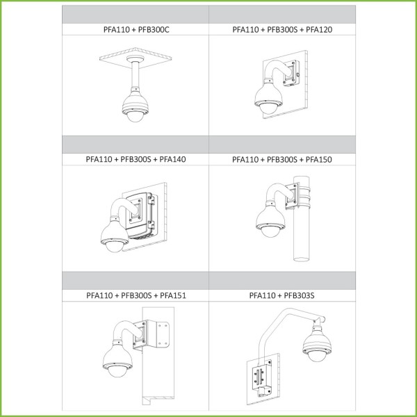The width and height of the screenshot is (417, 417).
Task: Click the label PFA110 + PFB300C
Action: pyautogui.click(x=136, y=29)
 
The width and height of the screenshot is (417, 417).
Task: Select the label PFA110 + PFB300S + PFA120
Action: pyautogui.click(x=282, y=29)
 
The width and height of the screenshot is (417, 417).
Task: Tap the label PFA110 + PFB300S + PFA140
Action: pyautogui.click(x=136, y=159)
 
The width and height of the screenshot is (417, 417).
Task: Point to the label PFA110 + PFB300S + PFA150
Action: pyautogui.click(x=282, y=159)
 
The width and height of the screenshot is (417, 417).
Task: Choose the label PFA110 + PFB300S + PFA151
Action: pyautogui.click(x=136, y=295)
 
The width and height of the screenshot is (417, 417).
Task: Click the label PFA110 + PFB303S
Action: pyautogui.click(x=281, y=295)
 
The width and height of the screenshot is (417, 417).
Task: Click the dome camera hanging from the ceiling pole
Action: pyautogui.click(x=135, y=105)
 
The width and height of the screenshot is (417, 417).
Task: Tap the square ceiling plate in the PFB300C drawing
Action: pyautogui.click(x=136, y=58)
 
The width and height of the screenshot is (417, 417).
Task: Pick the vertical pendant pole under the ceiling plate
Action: pyautogui.click(x=135, y=75)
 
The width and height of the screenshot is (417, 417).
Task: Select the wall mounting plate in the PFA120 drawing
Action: pyautogui.click(x=291, y=73)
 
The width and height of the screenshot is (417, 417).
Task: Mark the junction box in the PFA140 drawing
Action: pyautogui.click(x=140, y=215)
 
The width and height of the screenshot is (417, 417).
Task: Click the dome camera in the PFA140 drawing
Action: pyautogui.click(x=115, y=236)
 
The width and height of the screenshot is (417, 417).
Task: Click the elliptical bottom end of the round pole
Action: pyautogui.click(x=302, y=259)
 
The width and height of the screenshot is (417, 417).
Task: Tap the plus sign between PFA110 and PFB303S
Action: pyautogui.click(x=279, y=295)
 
